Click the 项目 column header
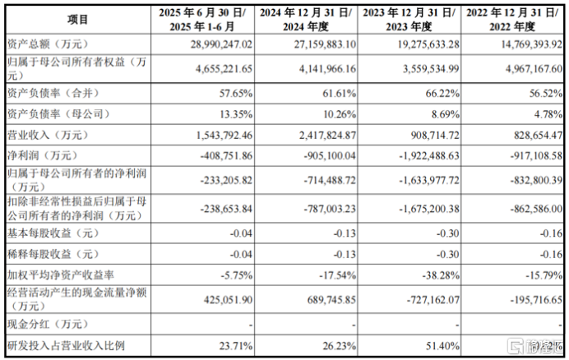click(78, 17)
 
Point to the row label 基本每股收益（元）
click(52, 234)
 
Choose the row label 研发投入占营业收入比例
click(65, 345)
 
